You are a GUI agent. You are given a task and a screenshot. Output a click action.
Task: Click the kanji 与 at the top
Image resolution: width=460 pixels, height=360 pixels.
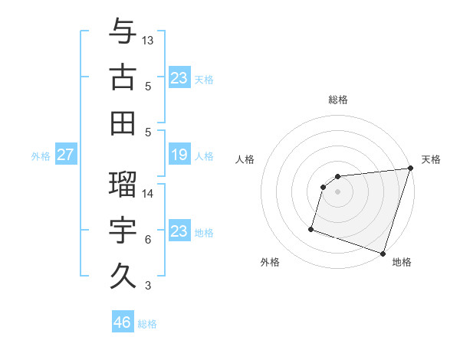pos(123,32)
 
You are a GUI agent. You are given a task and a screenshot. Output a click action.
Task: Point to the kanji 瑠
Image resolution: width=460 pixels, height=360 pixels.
pos(123,184)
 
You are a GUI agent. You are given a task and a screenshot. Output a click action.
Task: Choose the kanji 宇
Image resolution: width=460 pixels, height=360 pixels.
pos(123,230)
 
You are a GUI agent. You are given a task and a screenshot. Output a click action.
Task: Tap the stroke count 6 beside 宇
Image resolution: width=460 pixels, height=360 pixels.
pos(148,240)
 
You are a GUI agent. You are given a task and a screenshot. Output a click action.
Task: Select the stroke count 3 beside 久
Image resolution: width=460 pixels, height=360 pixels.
pos(148,286)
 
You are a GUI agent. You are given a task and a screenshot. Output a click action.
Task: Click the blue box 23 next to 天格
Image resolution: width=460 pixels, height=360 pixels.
pos(179,77)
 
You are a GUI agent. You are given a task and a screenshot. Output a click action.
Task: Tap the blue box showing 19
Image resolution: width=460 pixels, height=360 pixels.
pos(179,155)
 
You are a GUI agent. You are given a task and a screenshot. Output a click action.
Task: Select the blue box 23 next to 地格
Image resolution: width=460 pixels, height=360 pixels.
pos(179,232)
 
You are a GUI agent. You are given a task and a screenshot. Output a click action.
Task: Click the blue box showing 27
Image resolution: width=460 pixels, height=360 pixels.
pos(66,155)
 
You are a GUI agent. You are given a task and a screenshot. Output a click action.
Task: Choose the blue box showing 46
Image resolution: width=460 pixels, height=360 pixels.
pos(123,322)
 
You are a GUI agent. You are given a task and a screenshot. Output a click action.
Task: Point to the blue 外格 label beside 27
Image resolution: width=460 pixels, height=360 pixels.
pos(41,156)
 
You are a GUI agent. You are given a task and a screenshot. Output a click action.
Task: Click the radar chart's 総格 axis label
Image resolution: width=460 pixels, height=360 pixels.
pos(338,100)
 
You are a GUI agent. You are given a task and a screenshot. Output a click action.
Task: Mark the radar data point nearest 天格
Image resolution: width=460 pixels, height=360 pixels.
pos(410,169)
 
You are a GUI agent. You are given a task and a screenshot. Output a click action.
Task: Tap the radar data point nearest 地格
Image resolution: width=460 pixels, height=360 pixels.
pos(383,253)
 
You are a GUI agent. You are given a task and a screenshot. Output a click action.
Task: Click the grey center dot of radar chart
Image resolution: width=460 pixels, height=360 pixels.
pos(338,191)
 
